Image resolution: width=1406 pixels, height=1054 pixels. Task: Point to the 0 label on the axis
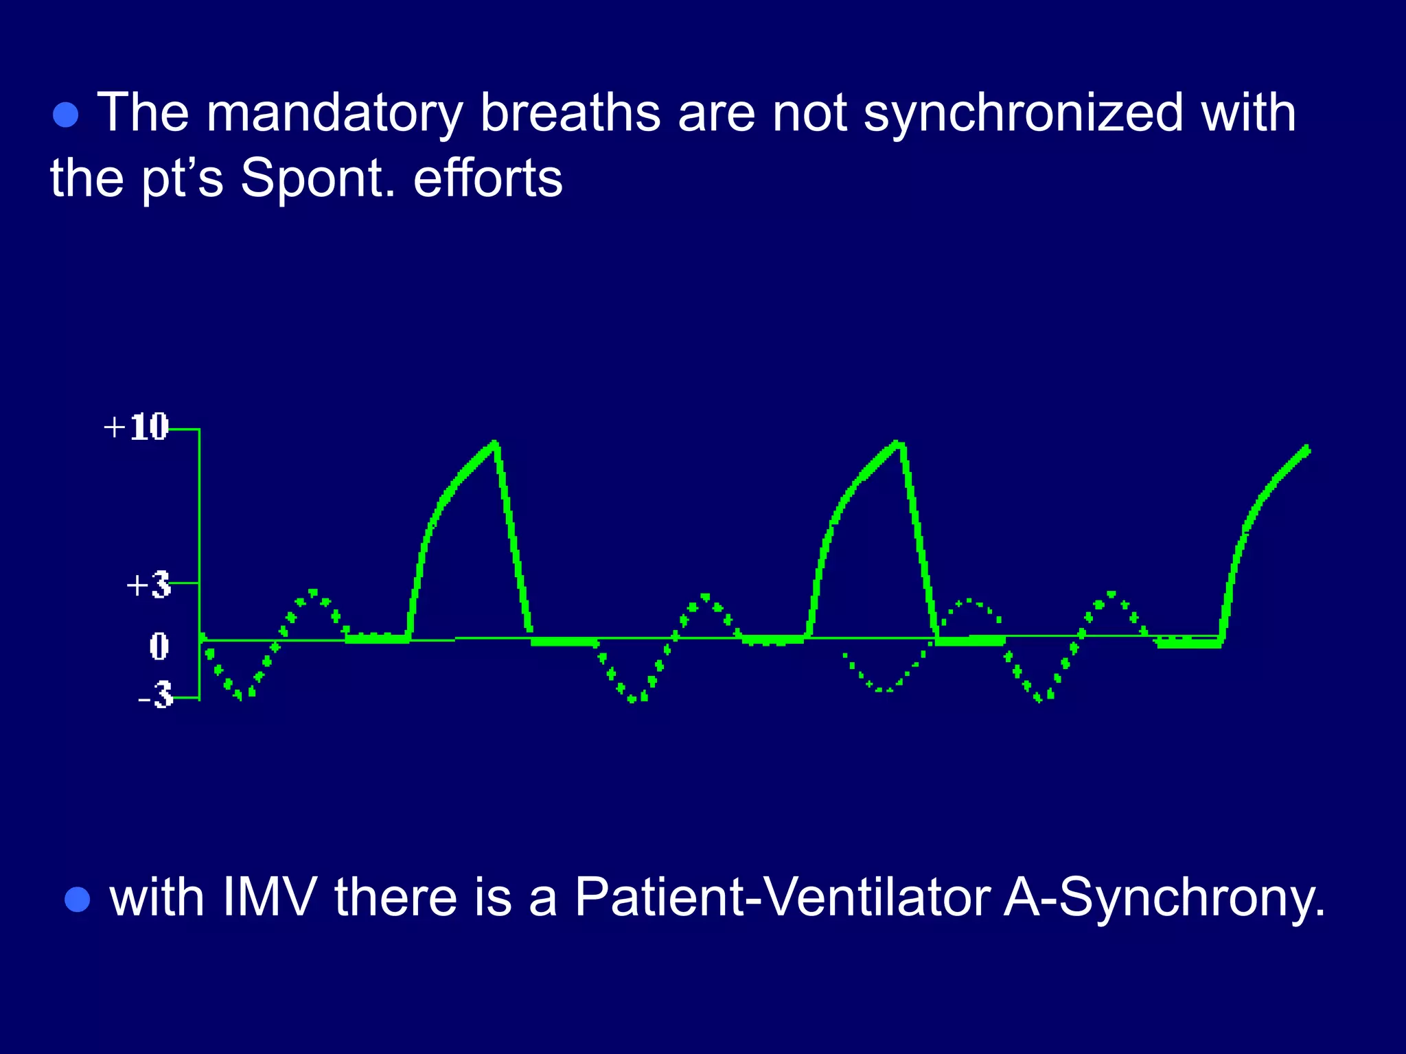(x=159, y=646)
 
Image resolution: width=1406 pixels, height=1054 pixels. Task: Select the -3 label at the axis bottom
(x=157, y=696)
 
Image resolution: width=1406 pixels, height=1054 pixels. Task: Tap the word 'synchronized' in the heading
(x=1023, y=114)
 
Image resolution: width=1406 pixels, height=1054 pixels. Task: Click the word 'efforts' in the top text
(x=488, y=178)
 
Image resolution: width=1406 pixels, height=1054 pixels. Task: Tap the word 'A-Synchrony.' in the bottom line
(x=1164, y=899)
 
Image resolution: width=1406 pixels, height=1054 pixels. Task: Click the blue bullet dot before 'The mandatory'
(x=66, y=115)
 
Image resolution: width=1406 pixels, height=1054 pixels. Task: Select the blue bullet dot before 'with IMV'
(x=77, y=900)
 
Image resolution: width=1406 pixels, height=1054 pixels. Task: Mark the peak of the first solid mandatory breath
(x=494, y=444)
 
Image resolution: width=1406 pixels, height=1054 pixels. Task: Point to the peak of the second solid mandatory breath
(x=897, y=444)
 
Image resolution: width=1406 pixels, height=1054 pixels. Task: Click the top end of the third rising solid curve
(x=1306, y=449)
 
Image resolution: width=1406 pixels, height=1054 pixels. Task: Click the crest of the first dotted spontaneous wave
(x=313, y=592)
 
